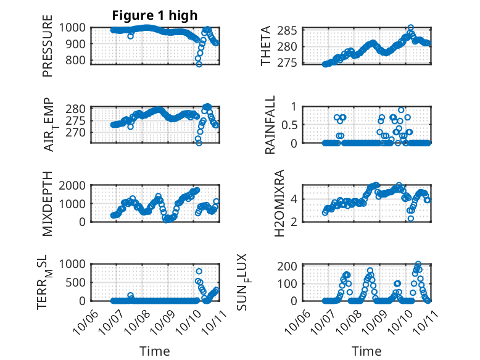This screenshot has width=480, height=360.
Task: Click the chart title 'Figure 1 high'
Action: click(x=155, y=15)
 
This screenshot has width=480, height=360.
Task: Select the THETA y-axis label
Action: click(x=266, y=46)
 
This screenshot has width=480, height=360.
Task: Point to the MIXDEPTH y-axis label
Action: click(x=48, y=203)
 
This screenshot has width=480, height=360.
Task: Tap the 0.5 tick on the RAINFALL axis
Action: click(x=291, y=124)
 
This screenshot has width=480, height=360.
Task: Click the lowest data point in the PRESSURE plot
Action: click(x=199, y=64)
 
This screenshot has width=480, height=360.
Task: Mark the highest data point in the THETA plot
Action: click(x=410, y=28)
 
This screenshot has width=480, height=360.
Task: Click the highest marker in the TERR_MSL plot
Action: click(x=199, y=271)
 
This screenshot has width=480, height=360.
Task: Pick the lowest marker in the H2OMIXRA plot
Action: click(x=410, y=218)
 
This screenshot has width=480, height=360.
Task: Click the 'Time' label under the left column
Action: click(x=155, y=351)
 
